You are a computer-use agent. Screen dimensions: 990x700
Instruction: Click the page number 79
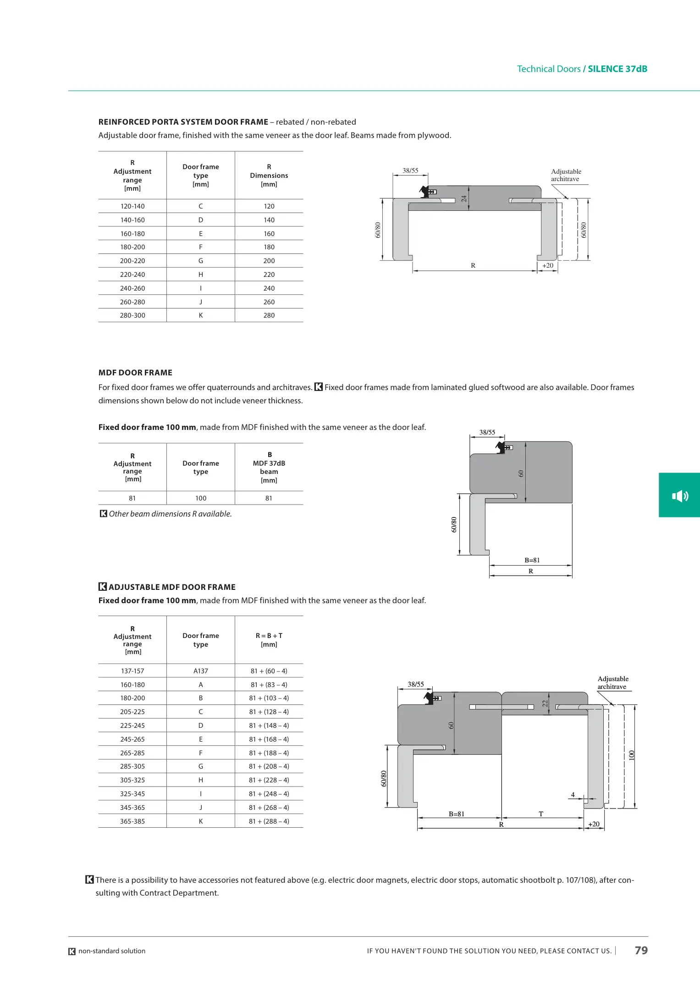point(641,950)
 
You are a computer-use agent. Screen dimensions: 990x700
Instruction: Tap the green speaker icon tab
point(679,495)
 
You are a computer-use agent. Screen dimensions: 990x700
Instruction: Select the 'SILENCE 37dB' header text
point(617,69)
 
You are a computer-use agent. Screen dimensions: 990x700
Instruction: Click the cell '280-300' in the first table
point(132,315)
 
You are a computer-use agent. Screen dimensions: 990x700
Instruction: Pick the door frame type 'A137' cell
point(200,671)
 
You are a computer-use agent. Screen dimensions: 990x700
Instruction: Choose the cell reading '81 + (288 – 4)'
point(269,821)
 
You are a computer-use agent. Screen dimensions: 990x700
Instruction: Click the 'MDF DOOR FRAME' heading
point(135,373)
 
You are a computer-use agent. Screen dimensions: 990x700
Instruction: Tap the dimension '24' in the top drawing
point(464,198)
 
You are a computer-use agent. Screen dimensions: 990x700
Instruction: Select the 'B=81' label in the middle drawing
point(532,560)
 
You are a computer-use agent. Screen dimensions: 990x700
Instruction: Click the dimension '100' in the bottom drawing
point(632,755)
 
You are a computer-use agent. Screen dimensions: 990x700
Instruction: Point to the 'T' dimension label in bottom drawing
point(541,814)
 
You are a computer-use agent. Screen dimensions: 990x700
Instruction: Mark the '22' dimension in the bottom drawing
point(545,703)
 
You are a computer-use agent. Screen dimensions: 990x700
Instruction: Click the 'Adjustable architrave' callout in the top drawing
point(566,175)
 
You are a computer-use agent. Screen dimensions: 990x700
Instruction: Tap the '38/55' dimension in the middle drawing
point(487,432)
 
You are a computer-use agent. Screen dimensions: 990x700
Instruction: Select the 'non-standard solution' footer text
point(112,951)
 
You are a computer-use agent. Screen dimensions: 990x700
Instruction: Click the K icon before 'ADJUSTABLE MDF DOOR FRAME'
point(103,587)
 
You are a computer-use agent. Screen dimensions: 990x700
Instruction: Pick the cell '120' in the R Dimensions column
point(269,206)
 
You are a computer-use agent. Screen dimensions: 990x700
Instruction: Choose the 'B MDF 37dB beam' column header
point(269,467)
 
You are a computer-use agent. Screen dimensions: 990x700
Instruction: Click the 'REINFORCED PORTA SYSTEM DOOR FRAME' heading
point(183,122)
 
